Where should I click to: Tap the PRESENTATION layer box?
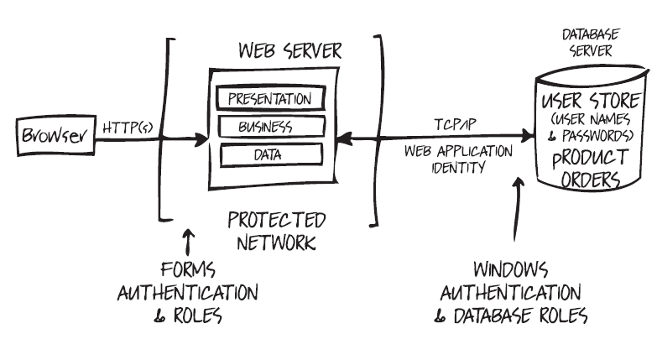coord(269,98)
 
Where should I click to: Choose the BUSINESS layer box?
coord(269,127)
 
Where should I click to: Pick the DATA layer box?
coord(269,154)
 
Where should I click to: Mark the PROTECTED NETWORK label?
coord(276,232)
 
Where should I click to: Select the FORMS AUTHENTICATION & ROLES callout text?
coord(187,293)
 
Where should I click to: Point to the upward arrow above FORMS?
coord(188,244)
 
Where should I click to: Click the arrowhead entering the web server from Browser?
coord(201,137)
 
